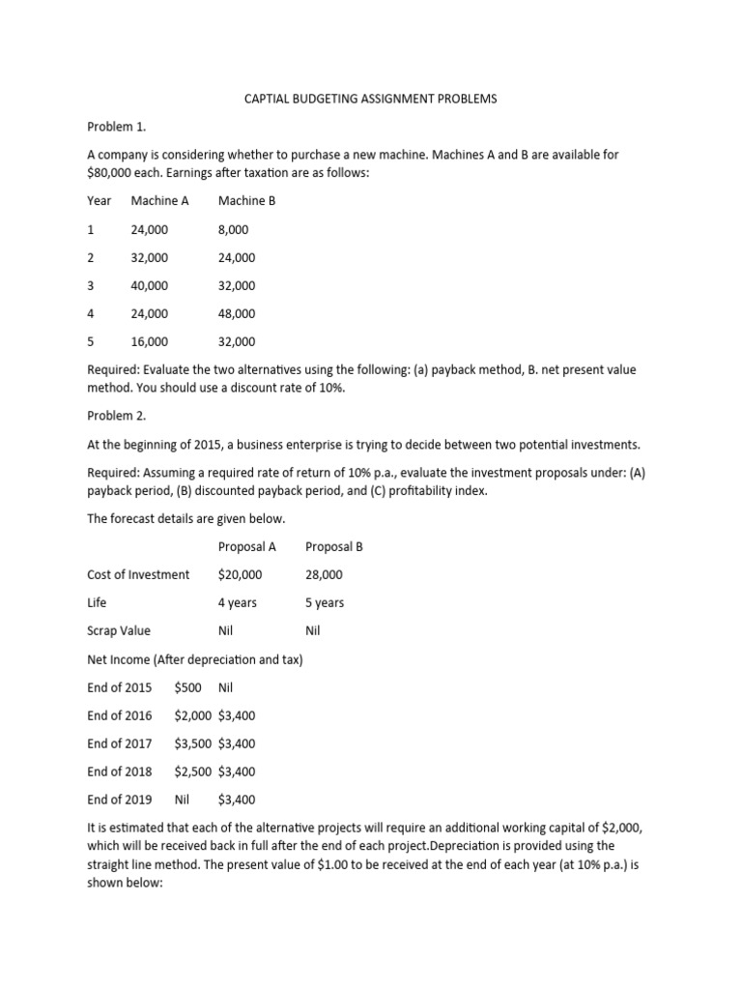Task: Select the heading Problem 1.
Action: click(x=117, y=127)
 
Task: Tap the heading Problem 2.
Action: click(x=117, y=416)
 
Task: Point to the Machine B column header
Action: click(x=247, y=201)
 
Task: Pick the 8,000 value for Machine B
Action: click(x=233, y=229)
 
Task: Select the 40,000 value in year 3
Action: click(x=149, y=285)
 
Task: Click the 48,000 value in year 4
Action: click(x=237, y=313)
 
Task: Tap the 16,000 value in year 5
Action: click(x=149, y=341)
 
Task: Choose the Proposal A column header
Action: click(x=247, y=546)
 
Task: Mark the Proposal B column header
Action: click(x=334, y=546)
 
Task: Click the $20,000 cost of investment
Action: click(x=240, y=574)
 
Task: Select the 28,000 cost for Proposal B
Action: click(x=324, y=574)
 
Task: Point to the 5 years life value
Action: click(x=325, y=602)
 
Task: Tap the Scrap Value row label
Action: click(x=119, y=630)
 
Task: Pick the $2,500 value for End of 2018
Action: click(x=192, y=772)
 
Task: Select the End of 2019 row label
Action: click(x=120, y=800)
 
